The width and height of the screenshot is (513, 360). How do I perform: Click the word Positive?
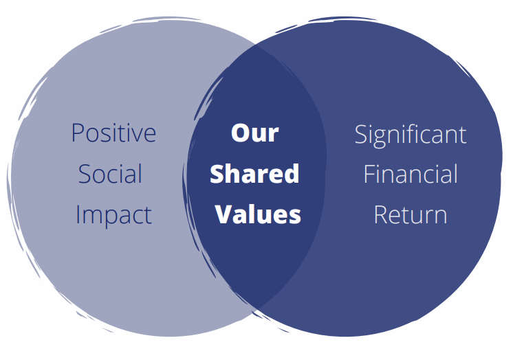pyautogui.click(x=113, y=133)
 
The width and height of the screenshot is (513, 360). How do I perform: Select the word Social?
pyautogui.click(x=110, y=174)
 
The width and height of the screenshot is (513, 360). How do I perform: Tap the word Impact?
pyautogui.click(x=113, y=215)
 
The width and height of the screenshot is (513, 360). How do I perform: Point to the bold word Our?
pyautogui.click(x=254, y=133)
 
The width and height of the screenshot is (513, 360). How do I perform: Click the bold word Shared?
pyautogui.click(x=254, y=174)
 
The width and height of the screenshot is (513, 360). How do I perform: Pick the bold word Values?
pyautogui.click(x=258, y=214)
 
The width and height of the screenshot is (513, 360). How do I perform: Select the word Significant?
pyautogui.click(x=411, y=135)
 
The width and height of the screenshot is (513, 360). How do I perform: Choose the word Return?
pyautogui.click(x=411, y=215)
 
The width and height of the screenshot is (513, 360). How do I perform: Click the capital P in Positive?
pyautogui.click(x=78, y=133)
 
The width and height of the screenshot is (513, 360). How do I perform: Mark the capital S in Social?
pyautogui.click(x=85, y=174)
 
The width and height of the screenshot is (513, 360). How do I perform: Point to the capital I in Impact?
pyautogui.click(x=78, y=215)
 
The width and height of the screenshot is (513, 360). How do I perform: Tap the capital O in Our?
pyautogui.click(x=240, y=133)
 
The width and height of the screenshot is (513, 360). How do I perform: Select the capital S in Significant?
pyautogui.click(x=361, y=135)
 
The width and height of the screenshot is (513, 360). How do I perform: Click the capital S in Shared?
pyautogui.click(x=217, y=174)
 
